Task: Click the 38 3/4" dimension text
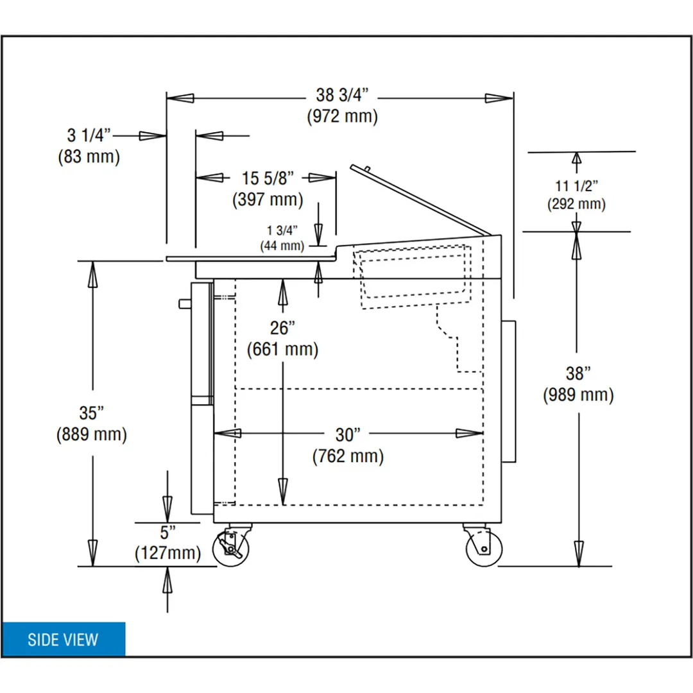click(x=342, y=95)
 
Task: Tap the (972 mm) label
click(x=343, y=116)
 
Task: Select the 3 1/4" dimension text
click(x=89, y=135)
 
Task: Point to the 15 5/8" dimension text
click(x=268, y=178)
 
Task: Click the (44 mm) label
click(x=282, y=246)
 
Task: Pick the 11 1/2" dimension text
click(x=576, y=186)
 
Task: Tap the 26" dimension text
click(x=282, y=328)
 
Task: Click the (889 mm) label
click(x=92, y=434)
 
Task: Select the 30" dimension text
click(x=348, y=435)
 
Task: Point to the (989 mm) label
click(x=578, y=395)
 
